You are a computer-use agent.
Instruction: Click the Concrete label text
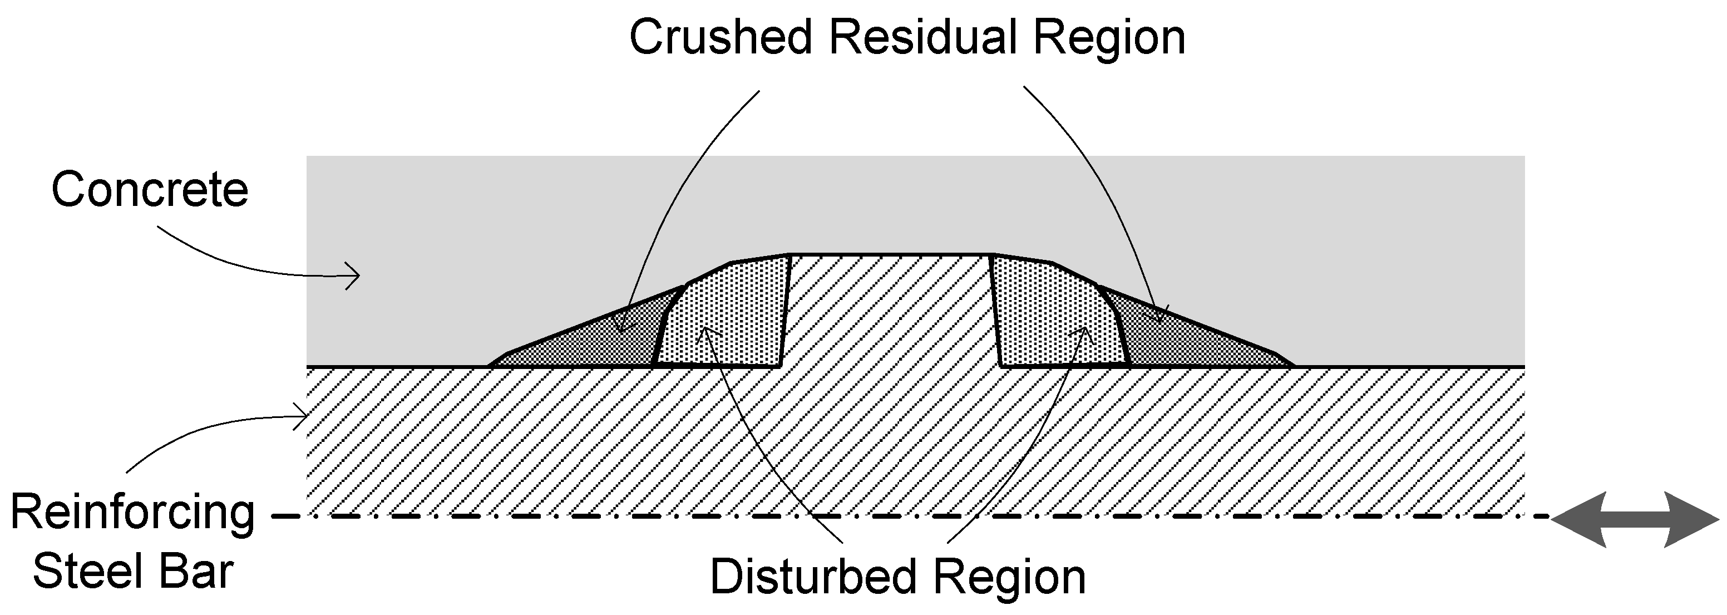pyautogui.click(x=150, y=190)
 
